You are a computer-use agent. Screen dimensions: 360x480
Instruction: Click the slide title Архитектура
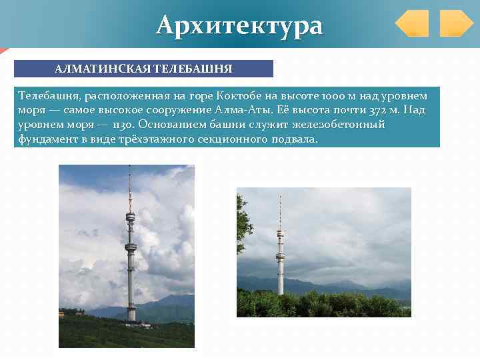pos(239,25)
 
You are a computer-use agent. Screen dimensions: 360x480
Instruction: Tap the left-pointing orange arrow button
pos(412,23)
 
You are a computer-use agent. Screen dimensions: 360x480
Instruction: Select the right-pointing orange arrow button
pos(456,23)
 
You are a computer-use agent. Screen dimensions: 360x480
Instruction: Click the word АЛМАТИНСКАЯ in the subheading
pos(103,69)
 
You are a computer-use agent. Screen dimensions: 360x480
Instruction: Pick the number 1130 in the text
pos(123,125)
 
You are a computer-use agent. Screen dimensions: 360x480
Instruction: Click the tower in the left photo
pos(131,253)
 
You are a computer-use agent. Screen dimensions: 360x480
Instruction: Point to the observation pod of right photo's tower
pos(280,235)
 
